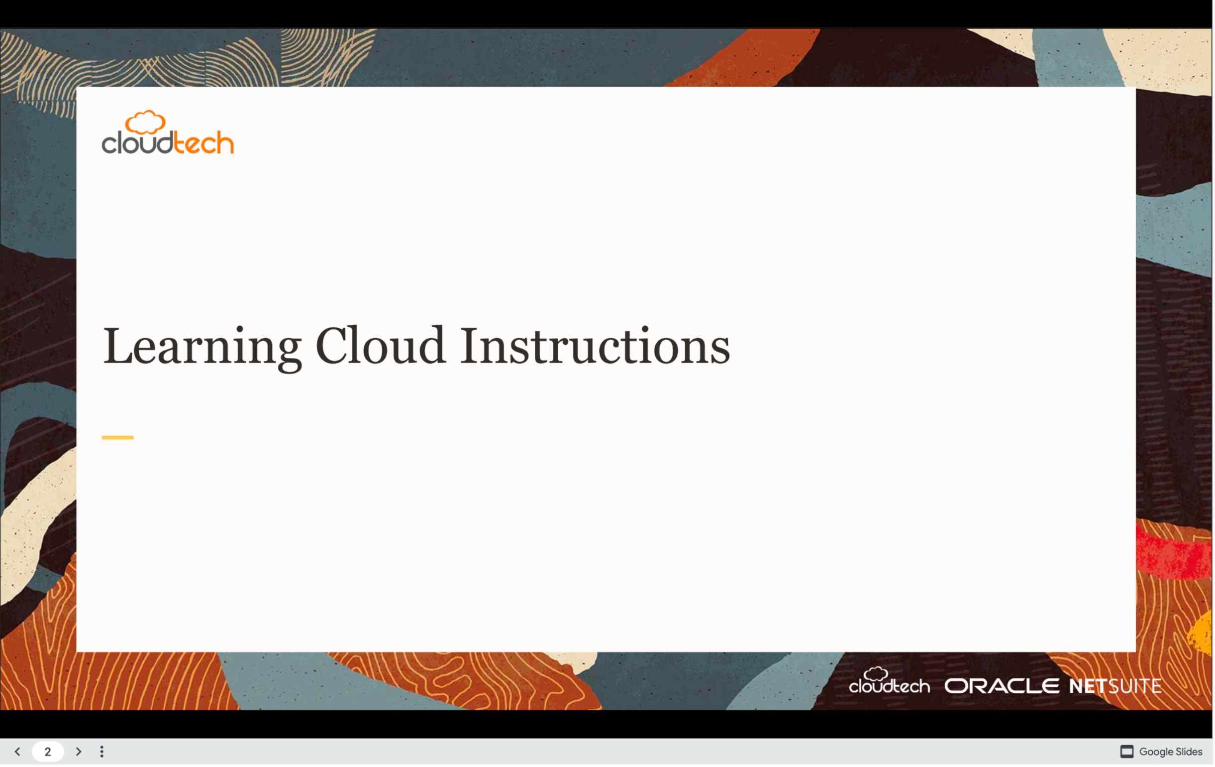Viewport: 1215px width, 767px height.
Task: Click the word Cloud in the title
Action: click(x=381, y=346)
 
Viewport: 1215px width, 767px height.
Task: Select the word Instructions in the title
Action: click(x=596, y=346)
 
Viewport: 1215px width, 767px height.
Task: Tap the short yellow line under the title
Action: click(x=117, y=438)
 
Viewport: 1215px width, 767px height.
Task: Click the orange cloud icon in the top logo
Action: click(x=145, y=122)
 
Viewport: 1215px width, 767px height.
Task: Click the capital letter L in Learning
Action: click(x=118, y=346)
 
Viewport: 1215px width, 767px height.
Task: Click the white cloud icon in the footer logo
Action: click(x=877, y=675)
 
